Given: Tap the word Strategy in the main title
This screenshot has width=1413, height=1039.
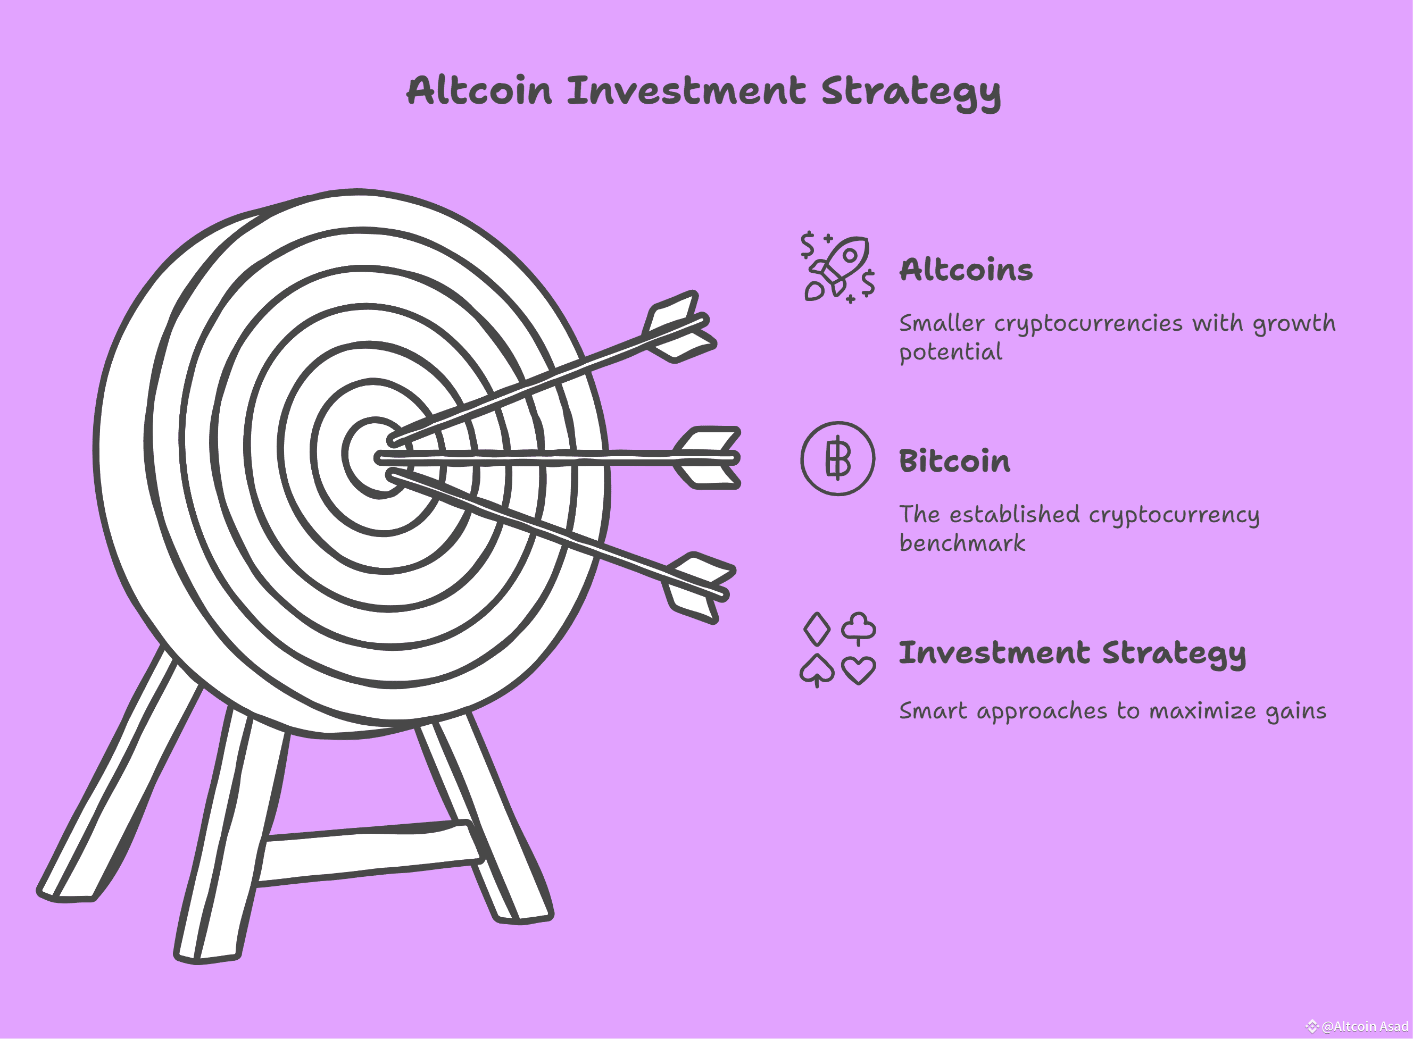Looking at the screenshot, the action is tap(910, 92).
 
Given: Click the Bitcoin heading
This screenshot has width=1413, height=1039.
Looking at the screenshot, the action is tap(954, 461).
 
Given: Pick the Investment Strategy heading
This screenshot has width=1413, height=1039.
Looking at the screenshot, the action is tap(1071, 653).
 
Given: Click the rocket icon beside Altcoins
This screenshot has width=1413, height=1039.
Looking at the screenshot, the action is tap(838, 266).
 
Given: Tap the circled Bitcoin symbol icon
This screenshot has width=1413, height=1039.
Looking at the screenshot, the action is tap(837, 458).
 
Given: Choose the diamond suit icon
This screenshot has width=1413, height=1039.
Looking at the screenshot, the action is tap(817, 629).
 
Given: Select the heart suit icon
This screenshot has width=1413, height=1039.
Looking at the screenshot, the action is tap(858, 670).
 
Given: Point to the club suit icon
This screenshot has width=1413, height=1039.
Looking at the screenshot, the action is tap(858, 627).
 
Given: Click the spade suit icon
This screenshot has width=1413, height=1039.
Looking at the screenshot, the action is tap(817, 670).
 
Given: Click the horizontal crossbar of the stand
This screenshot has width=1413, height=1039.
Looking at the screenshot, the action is tap(368, 852).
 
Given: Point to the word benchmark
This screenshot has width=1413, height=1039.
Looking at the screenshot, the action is tap(962, 543).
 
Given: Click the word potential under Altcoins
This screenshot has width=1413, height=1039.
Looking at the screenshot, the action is tap(950, 352).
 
